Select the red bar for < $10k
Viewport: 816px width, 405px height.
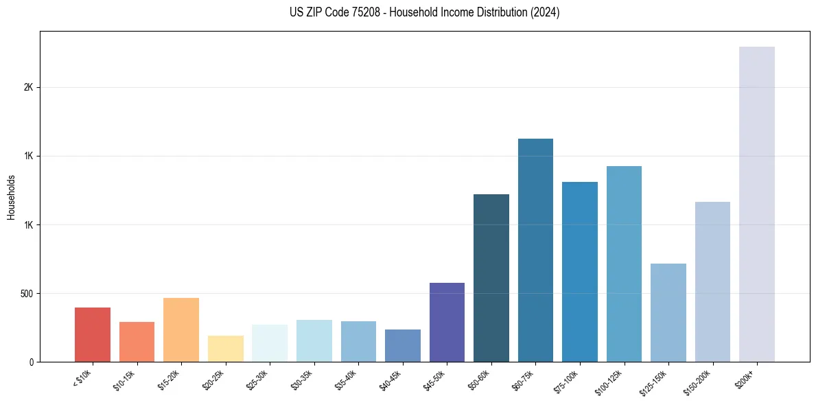click(93, 334)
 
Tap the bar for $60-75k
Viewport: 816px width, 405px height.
click(535, 250)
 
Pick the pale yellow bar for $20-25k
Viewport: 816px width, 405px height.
click(225, 349)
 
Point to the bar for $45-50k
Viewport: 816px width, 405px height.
click(447, 322)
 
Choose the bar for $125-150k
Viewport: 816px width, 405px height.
click(668, 312)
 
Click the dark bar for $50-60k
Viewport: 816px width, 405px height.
click(491, 278)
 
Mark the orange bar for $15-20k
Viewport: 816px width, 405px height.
click(181, 329)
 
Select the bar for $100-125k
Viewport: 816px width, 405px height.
click(624, 264)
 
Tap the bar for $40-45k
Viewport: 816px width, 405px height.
click(403, 345)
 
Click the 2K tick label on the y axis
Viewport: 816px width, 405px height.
click(28, 88)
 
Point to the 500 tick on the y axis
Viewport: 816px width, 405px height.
click(26, 294)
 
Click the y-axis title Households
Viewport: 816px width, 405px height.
click(12, 197)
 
